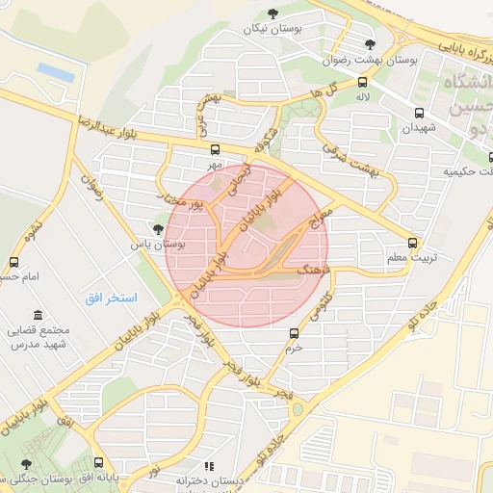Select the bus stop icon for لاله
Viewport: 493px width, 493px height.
(x=362, y=82)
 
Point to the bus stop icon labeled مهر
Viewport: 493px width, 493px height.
(x=214, y=150)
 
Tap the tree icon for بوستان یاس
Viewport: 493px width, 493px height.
(x=158, y=228)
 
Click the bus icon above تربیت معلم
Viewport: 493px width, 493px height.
(x=413, y=243)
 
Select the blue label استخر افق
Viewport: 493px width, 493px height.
(x=112, y=298)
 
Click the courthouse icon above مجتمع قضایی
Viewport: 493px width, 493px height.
(x=38, y=315)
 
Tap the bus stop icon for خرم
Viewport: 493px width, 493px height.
(x=294, y=333)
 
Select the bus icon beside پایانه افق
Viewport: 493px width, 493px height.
(x=98, y=463)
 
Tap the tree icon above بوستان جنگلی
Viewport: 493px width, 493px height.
(x=25, y=464)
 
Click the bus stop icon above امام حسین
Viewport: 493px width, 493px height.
(x=13, y=262)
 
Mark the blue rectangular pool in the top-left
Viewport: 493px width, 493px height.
(x=57, y=71)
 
